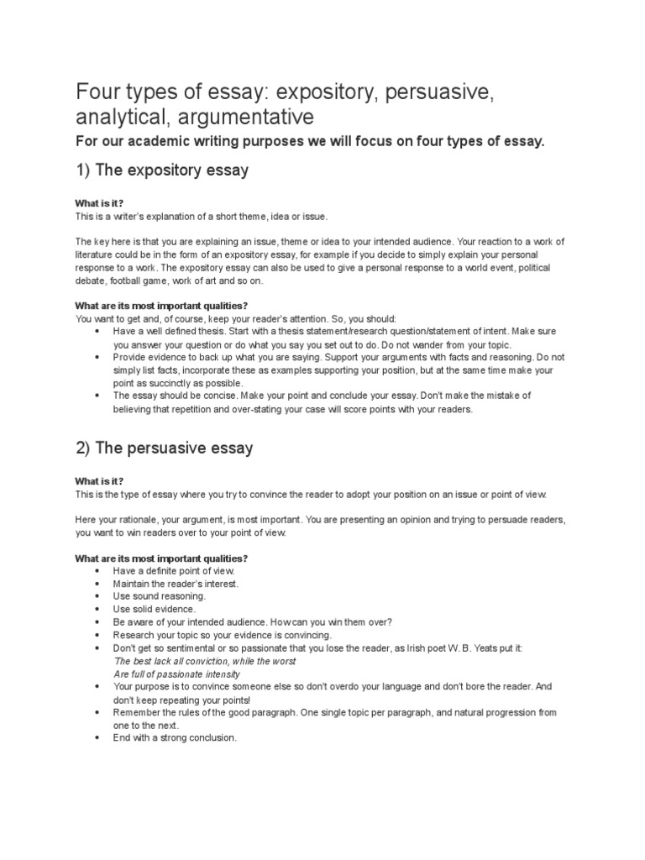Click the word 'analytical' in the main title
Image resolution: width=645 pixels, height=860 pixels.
coord(116,115)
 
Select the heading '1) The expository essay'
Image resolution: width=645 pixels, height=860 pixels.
coord(162,170)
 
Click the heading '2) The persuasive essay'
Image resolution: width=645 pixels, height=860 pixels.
coord(164,448)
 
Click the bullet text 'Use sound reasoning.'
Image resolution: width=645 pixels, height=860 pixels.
coord(159,595)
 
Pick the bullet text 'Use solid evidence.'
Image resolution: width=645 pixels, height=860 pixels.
coord(155,608)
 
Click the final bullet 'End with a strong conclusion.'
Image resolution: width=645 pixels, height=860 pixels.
coord(175,737)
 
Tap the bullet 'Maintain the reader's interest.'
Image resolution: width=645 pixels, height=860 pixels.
coord(176,583)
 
